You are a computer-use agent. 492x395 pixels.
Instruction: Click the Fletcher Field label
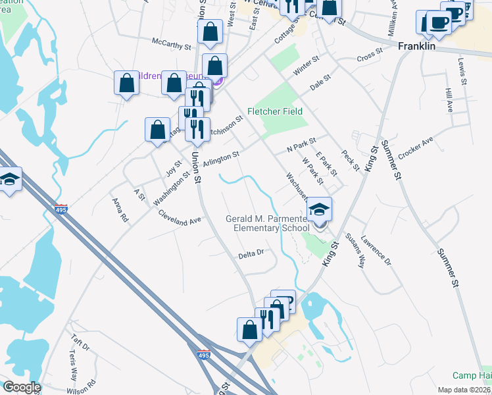274,111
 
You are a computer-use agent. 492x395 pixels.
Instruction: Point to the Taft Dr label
80,344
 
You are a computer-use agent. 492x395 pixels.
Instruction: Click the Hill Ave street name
449,101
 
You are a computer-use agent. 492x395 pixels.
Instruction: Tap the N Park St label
301,144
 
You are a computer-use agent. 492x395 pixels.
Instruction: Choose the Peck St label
351,161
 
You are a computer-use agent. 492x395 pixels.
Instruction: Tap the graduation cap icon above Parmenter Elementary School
320,210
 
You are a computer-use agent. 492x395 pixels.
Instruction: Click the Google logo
21,387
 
